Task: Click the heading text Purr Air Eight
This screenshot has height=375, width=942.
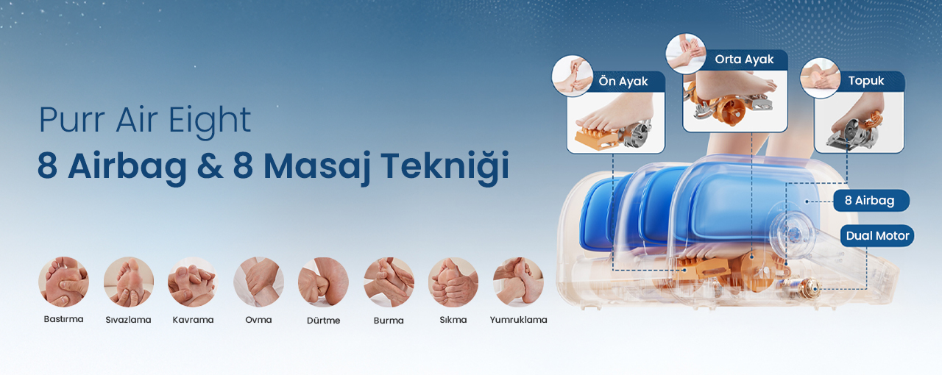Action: pyautogui.click(x=145, y=121)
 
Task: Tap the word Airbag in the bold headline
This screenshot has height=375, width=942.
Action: pyautogui.click(x=127, y=166)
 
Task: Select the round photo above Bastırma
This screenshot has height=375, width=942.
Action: pyautogui.click(x=63, y=282)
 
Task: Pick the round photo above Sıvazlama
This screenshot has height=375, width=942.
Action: pyautogui.click(x=129, y=282)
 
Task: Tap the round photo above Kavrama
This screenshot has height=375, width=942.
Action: pyautogui.click(x=193, y=282)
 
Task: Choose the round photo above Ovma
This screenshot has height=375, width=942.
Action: pyautogui.click(x=258, y=282)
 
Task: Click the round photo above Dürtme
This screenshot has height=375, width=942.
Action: pyautogui.click(x=323, y=282)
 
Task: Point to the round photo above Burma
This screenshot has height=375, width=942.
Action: pyautogui.click(x=389, y=282)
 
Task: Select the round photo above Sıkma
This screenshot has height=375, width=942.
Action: pyautogui.click(x=453, y=282)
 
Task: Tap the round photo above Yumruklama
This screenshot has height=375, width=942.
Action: pyautogui.click(x=518, y=282)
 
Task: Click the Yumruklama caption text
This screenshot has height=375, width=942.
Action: pyautogui.click(x=519, y=320)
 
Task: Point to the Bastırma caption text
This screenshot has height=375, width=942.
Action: pyautogui.click(x=63, y=319)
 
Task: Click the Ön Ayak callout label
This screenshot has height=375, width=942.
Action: pyautogui.click(x=623, y=81)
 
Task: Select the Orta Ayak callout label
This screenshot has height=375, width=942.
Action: pyautogui.click(x=744, y=60)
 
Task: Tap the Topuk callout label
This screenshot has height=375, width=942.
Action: pyautogui.click(x=866, y=81)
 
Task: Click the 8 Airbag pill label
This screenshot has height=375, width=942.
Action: pyautogui.click(x=870, y=201)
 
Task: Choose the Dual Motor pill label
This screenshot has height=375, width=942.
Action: pyautogui.click(x=878, y=236)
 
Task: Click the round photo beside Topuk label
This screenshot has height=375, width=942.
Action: pyautogui.click(x=820, y=78)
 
